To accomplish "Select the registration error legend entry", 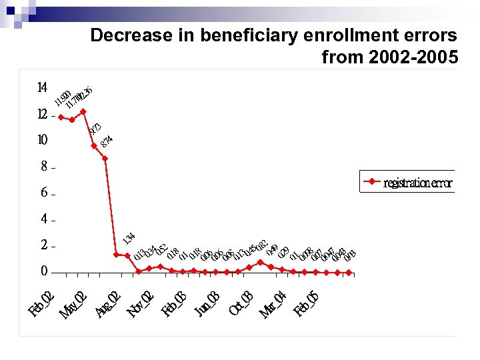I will (x=407, y=182).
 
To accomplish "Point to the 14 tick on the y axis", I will (x=42, y=88).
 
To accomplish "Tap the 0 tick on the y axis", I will (x=44, y=271).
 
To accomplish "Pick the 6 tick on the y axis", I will (x=44, y=193).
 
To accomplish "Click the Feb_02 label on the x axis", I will (x=41, y=301).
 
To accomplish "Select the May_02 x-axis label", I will (x=73, y=303).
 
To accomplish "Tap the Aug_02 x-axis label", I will (x=107, y=303).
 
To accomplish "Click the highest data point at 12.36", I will (x=83, y=111).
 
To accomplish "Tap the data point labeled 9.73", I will (x=94, y=145).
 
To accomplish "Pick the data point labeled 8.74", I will (x=105, y=159).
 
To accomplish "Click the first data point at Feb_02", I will (x=61, y=117).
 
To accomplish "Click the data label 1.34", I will (x=130, y=238).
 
